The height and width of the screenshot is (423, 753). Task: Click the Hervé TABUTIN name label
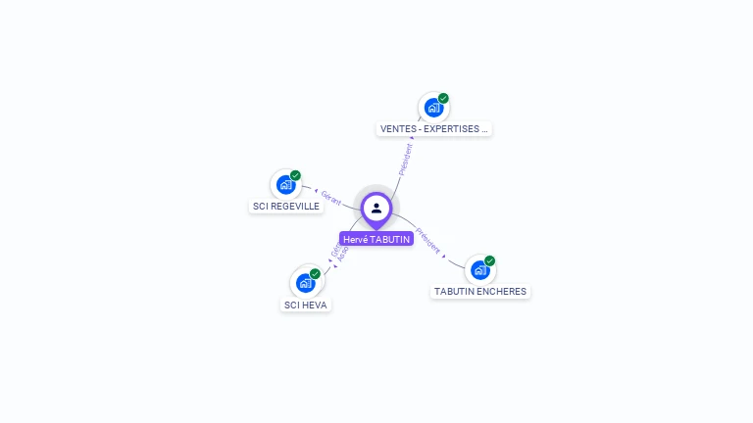pyautogui.click(x=376, y=239)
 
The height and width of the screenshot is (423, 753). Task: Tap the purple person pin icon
pyautogui.click(x=376, y=208)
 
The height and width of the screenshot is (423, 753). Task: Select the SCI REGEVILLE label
pyautogui.click(x=286, y=207)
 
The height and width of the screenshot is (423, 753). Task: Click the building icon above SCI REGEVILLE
pyautogui.click(x=285, y=184)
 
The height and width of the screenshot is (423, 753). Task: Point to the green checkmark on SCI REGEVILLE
pyautogui.click(x=295, y=175)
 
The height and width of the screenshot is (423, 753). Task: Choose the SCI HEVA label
pyautogui.click(x=306, y=305)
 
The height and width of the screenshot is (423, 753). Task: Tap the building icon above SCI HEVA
pyautogui.click(x=305, y=283)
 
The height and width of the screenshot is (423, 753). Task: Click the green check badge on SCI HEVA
pyautogui.click(x=315, y=273)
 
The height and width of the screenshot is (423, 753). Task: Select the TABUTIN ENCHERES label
pyautogui.click(x=480, y=292)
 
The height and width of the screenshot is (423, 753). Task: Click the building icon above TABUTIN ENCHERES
pyautogui.click(x=479, y=269)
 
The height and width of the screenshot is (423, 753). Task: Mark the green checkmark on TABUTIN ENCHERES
pyautogui.click(x=489, y=260)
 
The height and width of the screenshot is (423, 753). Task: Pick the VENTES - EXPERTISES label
pyautogui.click(x=433, y=129)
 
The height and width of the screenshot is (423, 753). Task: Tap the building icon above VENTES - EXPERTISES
pyautogui.click(x=432, y=107)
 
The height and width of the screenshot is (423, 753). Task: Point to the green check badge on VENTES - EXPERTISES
pyautogui.click(x=443, y=98)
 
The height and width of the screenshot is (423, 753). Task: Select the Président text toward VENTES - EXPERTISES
pyautogui.click(x=405, y=159)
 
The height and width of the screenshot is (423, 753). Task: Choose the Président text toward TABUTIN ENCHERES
pyautogui.click(x=428, y=241)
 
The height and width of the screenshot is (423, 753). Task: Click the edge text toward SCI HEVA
pyautogui.click(x=338, y=253)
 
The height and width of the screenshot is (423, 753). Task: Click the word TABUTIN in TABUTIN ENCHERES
pyautogui.click(x=454, y=292)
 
